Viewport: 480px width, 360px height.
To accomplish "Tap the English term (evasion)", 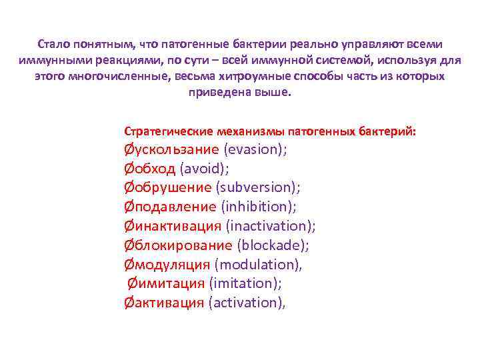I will click(x=255, y=149).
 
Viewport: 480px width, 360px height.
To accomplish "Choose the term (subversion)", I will click(x=258, y=188).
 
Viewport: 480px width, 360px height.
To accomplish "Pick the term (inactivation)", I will click(x=271, y=226).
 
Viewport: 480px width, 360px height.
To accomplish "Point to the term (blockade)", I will click(x=273, y=245).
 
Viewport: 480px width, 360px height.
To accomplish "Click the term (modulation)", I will click(x=259, y=265).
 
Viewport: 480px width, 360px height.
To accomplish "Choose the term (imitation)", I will click(x=245, y=283).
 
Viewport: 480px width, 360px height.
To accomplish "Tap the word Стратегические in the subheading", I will click(x=163, y=131).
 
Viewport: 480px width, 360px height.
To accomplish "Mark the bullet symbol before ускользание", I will click(x=128, y=149).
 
